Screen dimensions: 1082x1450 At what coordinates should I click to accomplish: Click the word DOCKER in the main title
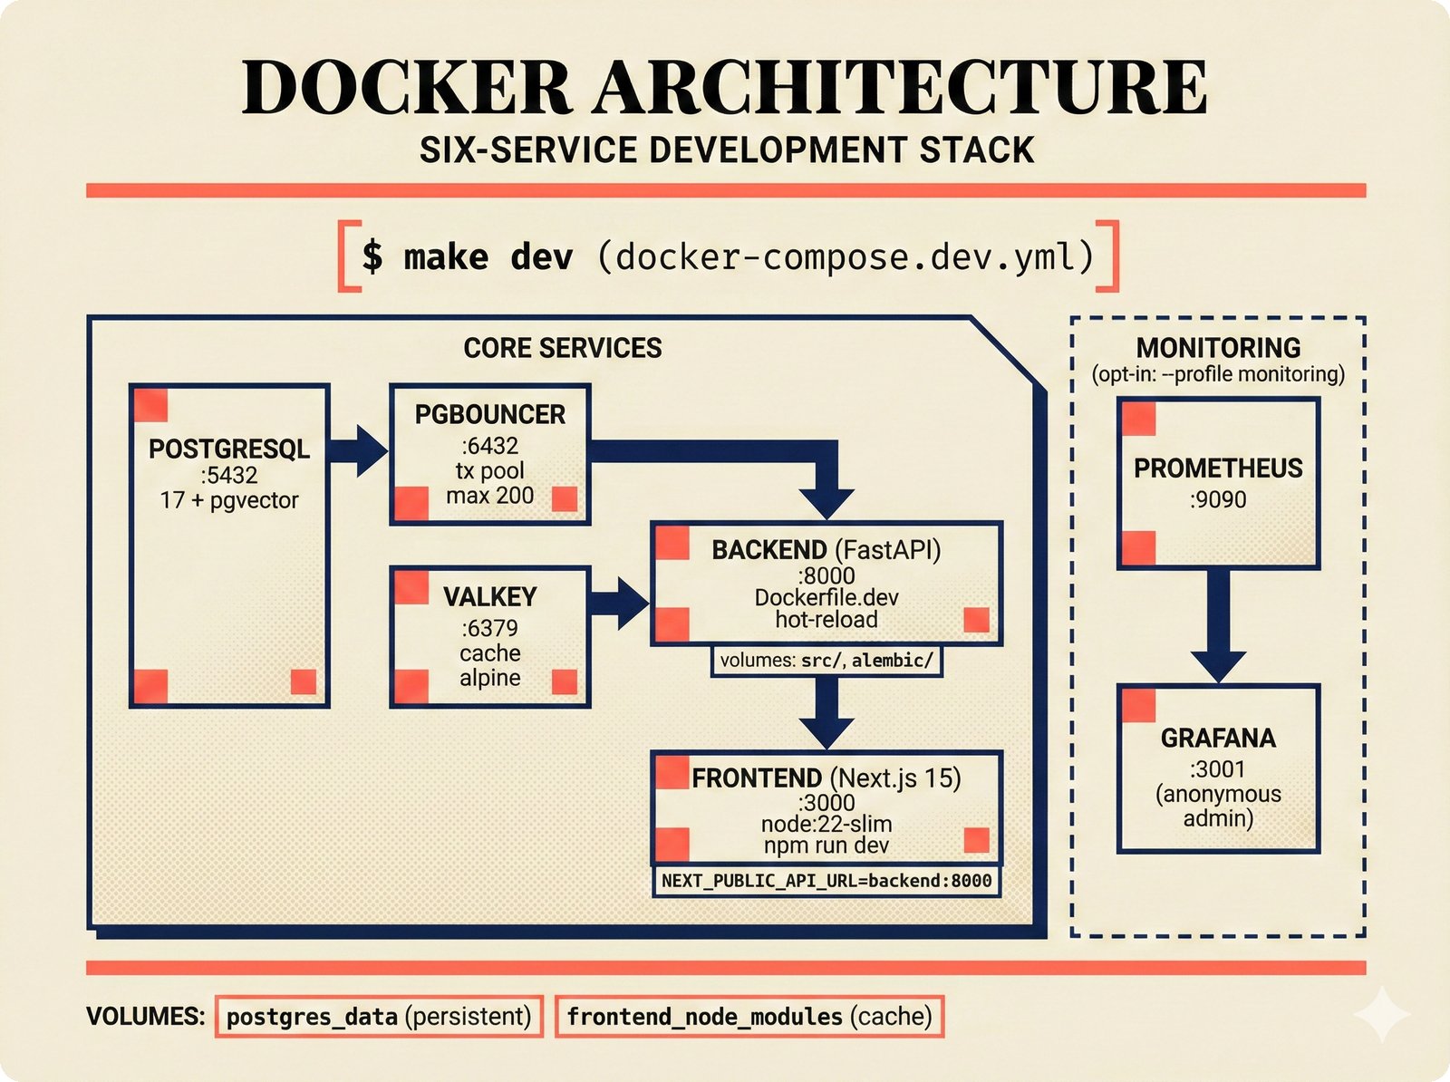click(407, 88)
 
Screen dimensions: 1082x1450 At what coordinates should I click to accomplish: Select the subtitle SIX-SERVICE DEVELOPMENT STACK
click(726, 150)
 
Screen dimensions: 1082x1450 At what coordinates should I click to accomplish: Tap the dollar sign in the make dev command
click(372, 256)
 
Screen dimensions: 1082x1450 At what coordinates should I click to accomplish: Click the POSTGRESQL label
click(229, 449)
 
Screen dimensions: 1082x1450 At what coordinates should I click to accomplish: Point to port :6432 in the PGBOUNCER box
click(489, 446)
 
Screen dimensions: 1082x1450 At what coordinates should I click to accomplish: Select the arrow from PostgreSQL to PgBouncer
click(358, 450)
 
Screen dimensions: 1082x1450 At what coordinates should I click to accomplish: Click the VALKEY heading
click(489, 596)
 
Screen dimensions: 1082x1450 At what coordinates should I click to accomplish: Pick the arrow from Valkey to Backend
click(620, 602)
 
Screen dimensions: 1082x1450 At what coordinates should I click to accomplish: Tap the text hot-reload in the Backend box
click(826, 620)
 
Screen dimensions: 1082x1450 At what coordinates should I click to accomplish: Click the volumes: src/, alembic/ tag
click(826, 661)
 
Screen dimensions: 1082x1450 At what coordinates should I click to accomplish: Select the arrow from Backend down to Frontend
click(826, 711)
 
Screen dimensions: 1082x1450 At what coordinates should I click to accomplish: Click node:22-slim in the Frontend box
click(826, 824)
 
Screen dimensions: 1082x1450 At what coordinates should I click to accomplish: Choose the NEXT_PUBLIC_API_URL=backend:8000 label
click(826, 881)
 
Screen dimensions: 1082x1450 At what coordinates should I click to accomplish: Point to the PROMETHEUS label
click(1217, 469)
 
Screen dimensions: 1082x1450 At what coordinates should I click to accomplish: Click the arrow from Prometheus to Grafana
click(1217, 625)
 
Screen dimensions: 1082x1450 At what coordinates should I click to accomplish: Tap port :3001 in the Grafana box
click(1217, 769)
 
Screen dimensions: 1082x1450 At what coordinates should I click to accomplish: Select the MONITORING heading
click(1217, 348)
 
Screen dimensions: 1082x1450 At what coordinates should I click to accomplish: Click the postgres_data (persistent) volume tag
click(379, 1017)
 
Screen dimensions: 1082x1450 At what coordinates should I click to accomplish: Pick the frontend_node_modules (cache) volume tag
click(749, 1017)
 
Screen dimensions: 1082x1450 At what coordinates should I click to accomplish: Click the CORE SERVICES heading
click(562, 348)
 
